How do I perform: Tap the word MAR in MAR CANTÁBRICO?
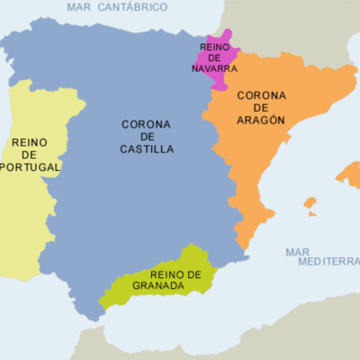[x=82, y=6]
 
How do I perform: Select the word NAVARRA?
[x=215, y=67]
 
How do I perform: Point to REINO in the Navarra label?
[x=215, y=46]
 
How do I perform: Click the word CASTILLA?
[x=147, y=149]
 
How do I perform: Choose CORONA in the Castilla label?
[x=148, y=124]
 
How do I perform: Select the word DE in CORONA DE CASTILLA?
[x=147, y=137]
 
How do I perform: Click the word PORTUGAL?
[x=31, y=166]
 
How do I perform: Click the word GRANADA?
[x=158, y=287]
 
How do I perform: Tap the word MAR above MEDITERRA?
[x=298, y=252]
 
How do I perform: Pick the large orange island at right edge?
[x=350, y=175]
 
